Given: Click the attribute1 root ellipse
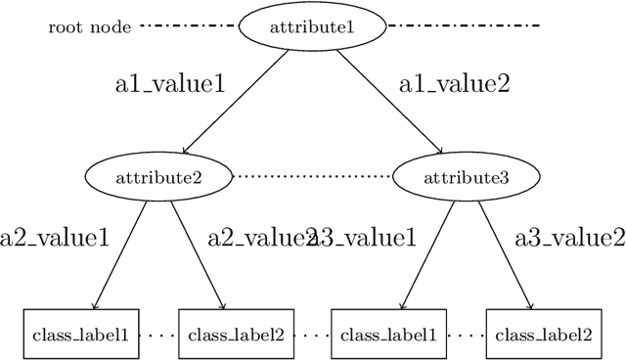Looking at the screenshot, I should pyautogui.click(x=310, y=24).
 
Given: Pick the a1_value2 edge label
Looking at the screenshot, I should pyautogui.click(x=454, y=84).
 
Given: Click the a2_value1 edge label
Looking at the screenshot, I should pyautogui.click(x=54, y=237).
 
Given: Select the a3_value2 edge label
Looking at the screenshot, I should pyautogui.click(x=570, y=237).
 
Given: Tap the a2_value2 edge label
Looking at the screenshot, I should pyautogui.click(x=256, y=237).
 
